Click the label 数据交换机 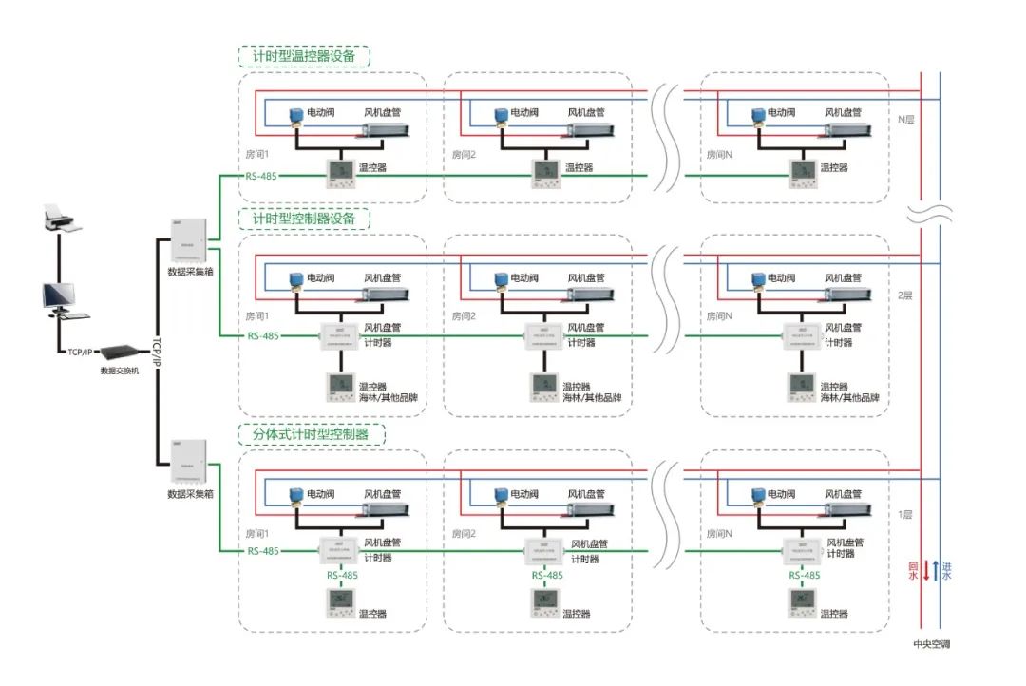click(120, 371)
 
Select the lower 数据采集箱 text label click(191, 494)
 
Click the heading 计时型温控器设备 click(304, 56)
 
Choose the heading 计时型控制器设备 click(304, 219)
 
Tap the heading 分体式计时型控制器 click(312, 435)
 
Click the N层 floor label click(905, 121)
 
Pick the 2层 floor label click(905, 296)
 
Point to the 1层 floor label click(905, 514)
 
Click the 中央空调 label click(931, 645)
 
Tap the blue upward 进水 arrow click(936, 571)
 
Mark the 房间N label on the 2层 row click(719, 316)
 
